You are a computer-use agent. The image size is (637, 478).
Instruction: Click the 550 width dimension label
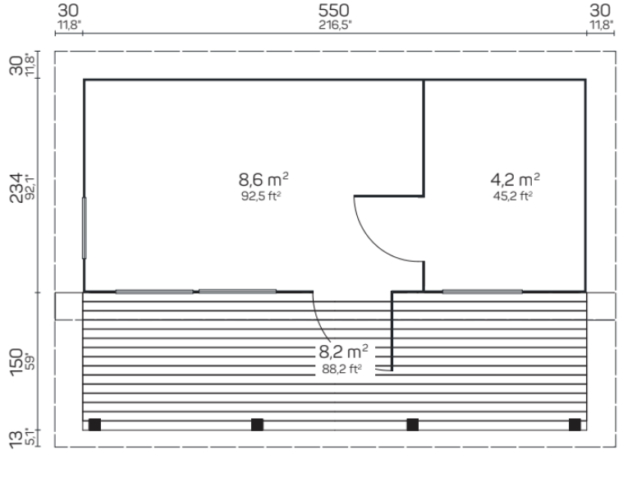point(333,11)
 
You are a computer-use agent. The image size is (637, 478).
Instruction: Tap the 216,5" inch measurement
point(335,25)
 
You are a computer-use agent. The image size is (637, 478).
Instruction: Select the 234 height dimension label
point(16,187)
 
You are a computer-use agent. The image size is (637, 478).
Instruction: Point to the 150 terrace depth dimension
point(16,361)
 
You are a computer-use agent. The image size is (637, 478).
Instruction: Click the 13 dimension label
point(16,439)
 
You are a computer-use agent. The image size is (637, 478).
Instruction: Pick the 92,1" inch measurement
point(31,187)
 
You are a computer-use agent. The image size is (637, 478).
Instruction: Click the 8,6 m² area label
point(264,179)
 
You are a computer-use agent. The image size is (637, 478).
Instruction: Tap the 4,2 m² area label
point(516,179)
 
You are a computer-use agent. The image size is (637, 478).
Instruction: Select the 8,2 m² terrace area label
point(343,352)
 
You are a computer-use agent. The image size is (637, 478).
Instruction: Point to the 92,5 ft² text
point(261,196)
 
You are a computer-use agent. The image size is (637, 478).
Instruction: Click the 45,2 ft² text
point(513,196)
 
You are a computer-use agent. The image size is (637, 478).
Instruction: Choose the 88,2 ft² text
point(341,369)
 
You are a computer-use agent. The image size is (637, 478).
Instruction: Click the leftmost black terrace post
point(94,425)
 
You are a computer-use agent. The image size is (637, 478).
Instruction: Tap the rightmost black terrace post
point(575,425)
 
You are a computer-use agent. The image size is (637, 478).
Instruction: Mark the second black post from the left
point(257,425)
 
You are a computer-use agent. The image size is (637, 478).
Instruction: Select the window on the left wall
point(84,228)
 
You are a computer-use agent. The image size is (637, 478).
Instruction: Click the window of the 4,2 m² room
point(482,292)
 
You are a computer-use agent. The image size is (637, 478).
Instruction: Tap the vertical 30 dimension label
point(16,66)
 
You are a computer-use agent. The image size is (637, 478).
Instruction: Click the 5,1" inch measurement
point(31,437)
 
